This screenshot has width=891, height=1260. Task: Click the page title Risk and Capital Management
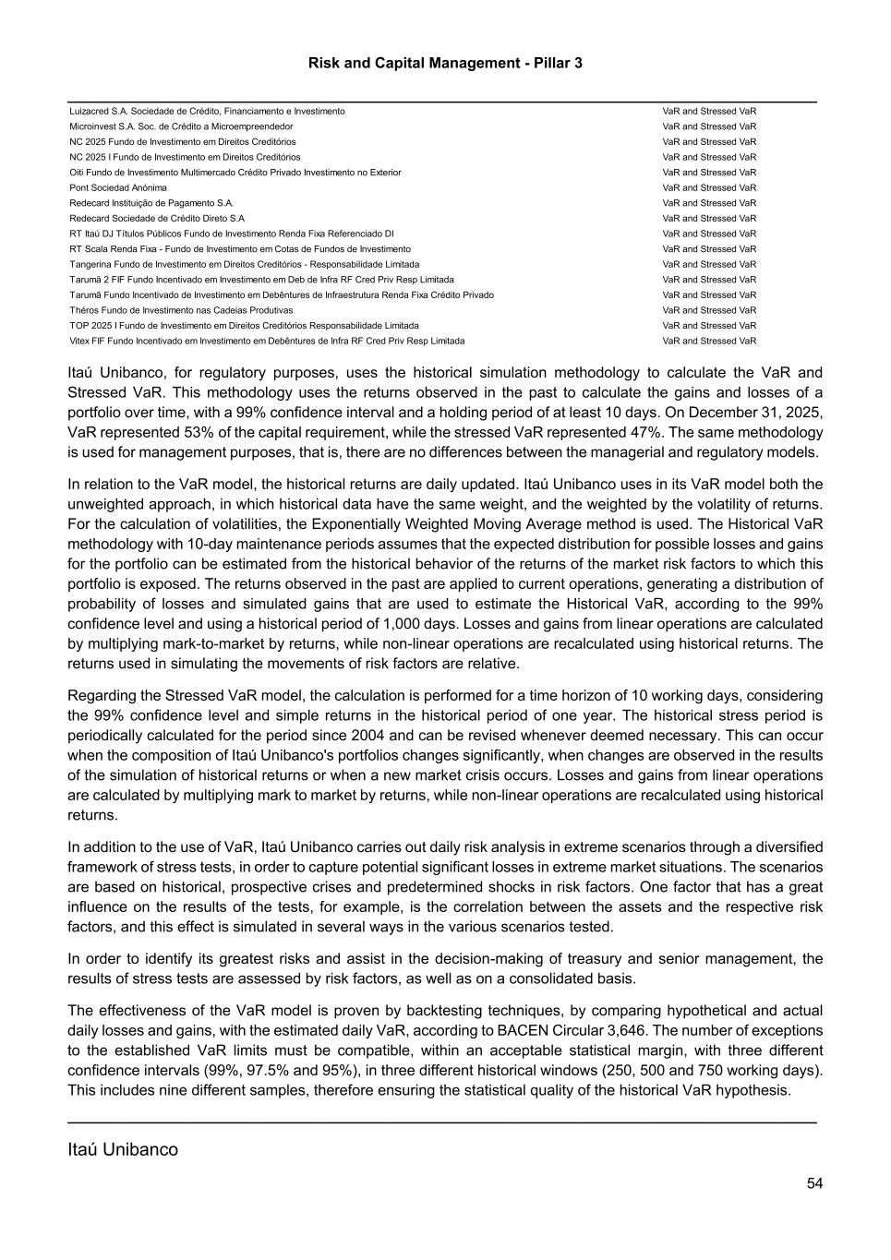point(444,63)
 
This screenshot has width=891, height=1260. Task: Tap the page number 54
point(813,1183)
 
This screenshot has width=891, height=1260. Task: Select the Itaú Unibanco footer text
point(123,1149)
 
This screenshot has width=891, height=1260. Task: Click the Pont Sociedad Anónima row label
point(118,187)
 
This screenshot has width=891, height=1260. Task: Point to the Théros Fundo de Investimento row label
point(181,310)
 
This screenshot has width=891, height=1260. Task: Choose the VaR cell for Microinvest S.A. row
point(708,126)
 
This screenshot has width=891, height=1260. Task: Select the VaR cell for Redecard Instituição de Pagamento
point(708,203)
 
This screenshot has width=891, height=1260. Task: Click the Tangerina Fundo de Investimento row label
point(244,264)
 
